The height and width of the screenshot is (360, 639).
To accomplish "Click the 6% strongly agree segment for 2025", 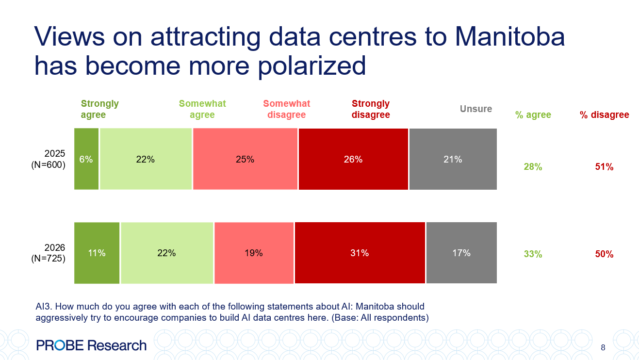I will (86, 159).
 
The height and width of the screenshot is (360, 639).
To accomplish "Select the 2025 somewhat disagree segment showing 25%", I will (245, 159).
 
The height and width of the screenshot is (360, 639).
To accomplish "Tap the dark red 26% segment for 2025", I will (353, 159).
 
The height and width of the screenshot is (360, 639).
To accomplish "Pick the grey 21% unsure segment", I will (453, 159).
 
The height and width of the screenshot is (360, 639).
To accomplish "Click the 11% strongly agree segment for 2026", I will (97, 253).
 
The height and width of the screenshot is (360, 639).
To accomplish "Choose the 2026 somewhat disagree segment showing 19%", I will (254, 253).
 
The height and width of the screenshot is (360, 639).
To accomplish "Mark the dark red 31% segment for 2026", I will (360, 253).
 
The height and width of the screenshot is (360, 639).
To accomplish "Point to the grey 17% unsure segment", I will (461, 253).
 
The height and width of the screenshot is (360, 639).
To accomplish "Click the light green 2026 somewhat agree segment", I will (166, 253).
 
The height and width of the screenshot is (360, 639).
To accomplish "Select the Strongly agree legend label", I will (99, 109).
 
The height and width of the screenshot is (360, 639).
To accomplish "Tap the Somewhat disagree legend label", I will (286, 109).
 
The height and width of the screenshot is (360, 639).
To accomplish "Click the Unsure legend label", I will (475, 109).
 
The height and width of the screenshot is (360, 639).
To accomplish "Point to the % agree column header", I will (533, 115).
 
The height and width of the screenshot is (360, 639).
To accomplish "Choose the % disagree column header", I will (604, 115).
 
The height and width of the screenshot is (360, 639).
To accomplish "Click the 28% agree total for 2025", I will (533, 167).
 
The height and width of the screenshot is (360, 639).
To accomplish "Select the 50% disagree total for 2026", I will (604, 254).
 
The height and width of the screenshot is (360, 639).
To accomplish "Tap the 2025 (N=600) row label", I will (48, 159).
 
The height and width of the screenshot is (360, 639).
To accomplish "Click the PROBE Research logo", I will (91, 345).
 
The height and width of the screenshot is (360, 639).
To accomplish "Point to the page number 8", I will (603, 347).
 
